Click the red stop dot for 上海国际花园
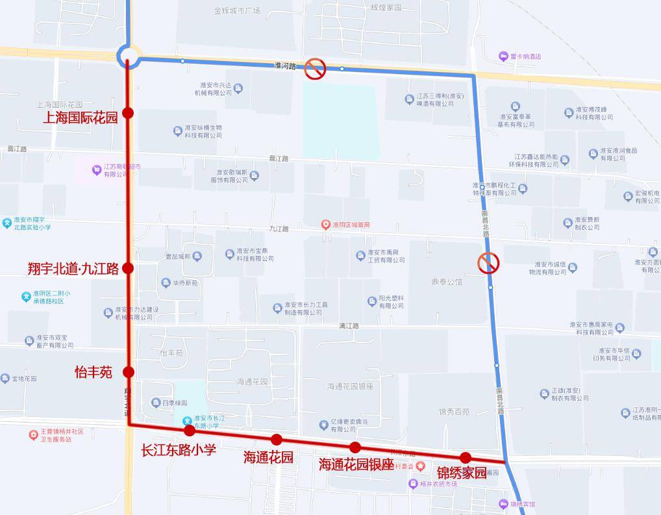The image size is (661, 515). (x=128, y=113)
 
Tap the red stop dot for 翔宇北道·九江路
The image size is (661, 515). (x=128, y=268)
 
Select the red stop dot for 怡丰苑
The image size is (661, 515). (x=129, y=372)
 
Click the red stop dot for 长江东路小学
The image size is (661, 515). (x=190, y=431)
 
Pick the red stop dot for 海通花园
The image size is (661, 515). (x=277, y=439)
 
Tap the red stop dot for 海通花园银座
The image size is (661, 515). (x=355, y=447)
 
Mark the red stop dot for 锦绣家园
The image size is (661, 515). (x=466, y=457)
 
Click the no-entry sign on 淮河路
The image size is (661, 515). (x=316, y=68)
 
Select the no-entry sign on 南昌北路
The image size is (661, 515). (x=488, y=263)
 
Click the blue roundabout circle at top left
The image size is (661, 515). (x=128, y=56)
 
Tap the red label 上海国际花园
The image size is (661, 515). (x=81, y=118)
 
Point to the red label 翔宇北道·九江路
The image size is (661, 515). (x=73, y=268)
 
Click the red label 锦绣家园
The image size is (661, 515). (x=461, y=472)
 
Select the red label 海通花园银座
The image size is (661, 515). (x=356, y=464)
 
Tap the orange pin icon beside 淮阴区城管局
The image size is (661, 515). (x=326, y=225)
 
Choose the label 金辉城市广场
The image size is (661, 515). (x=236, y=11)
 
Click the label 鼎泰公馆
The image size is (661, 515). (x=447, y=283)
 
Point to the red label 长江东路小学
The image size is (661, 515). (x=179, y=450)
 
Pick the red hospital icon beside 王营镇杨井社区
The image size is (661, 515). (x=33, y=434)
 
